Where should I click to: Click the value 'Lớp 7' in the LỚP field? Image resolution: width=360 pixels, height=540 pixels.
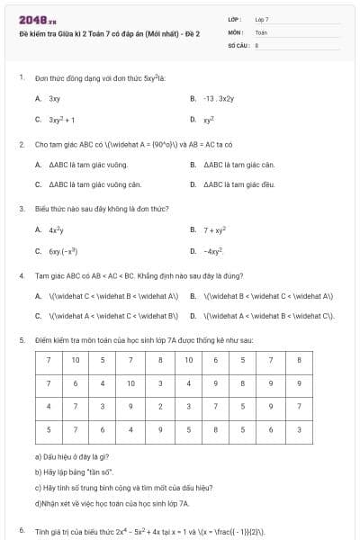pos(262,19)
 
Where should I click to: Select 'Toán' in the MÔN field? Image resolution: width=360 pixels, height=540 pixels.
pos(261,31)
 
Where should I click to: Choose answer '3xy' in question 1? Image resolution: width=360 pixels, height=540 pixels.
pos(55,98)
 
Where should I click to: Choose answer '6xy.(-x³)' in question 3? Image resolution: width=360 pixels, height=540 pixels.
pos(63,251)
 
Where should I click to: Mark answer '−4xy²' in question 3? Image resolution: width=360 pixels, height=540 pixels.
pos(213,251)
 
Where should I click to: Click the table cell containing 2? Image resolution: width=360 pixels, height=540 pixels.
pos(159,407)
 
